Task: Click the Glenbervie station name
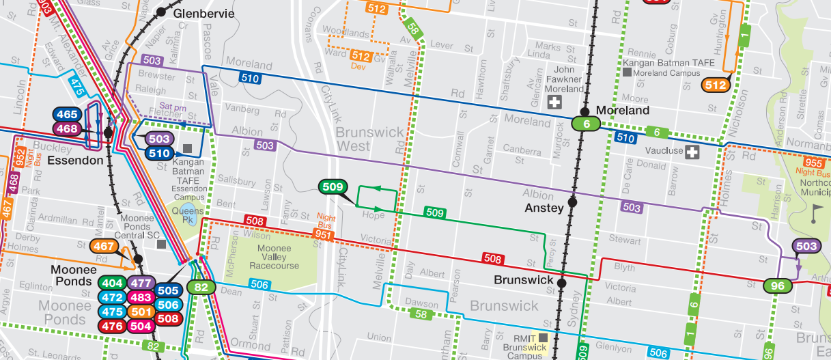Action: pos(203,14)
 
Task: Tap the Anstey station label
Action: pos(544,208)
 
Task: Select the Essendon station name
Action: pos(76,161)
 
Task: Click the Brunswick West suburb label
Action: pos(362,139)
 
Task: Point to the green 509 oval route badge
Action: pos(333,186)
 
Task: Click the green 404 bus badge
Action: pos(111,283)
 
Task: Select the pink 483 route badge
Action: pos(141,297)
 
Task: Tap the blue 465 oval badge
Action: pos(67,115)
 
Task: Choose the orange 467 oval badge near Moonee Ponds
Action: pos(104,247)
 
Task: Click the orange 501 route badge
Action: pos(141,311)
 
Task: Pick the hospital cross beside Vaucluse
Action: pos(693,151)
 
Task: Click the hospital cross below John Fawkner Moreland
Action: pos(555,103)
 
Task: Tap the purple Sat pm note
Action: pos(173,106)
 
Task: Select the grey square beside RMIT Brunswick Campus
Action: pos(544,338)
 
